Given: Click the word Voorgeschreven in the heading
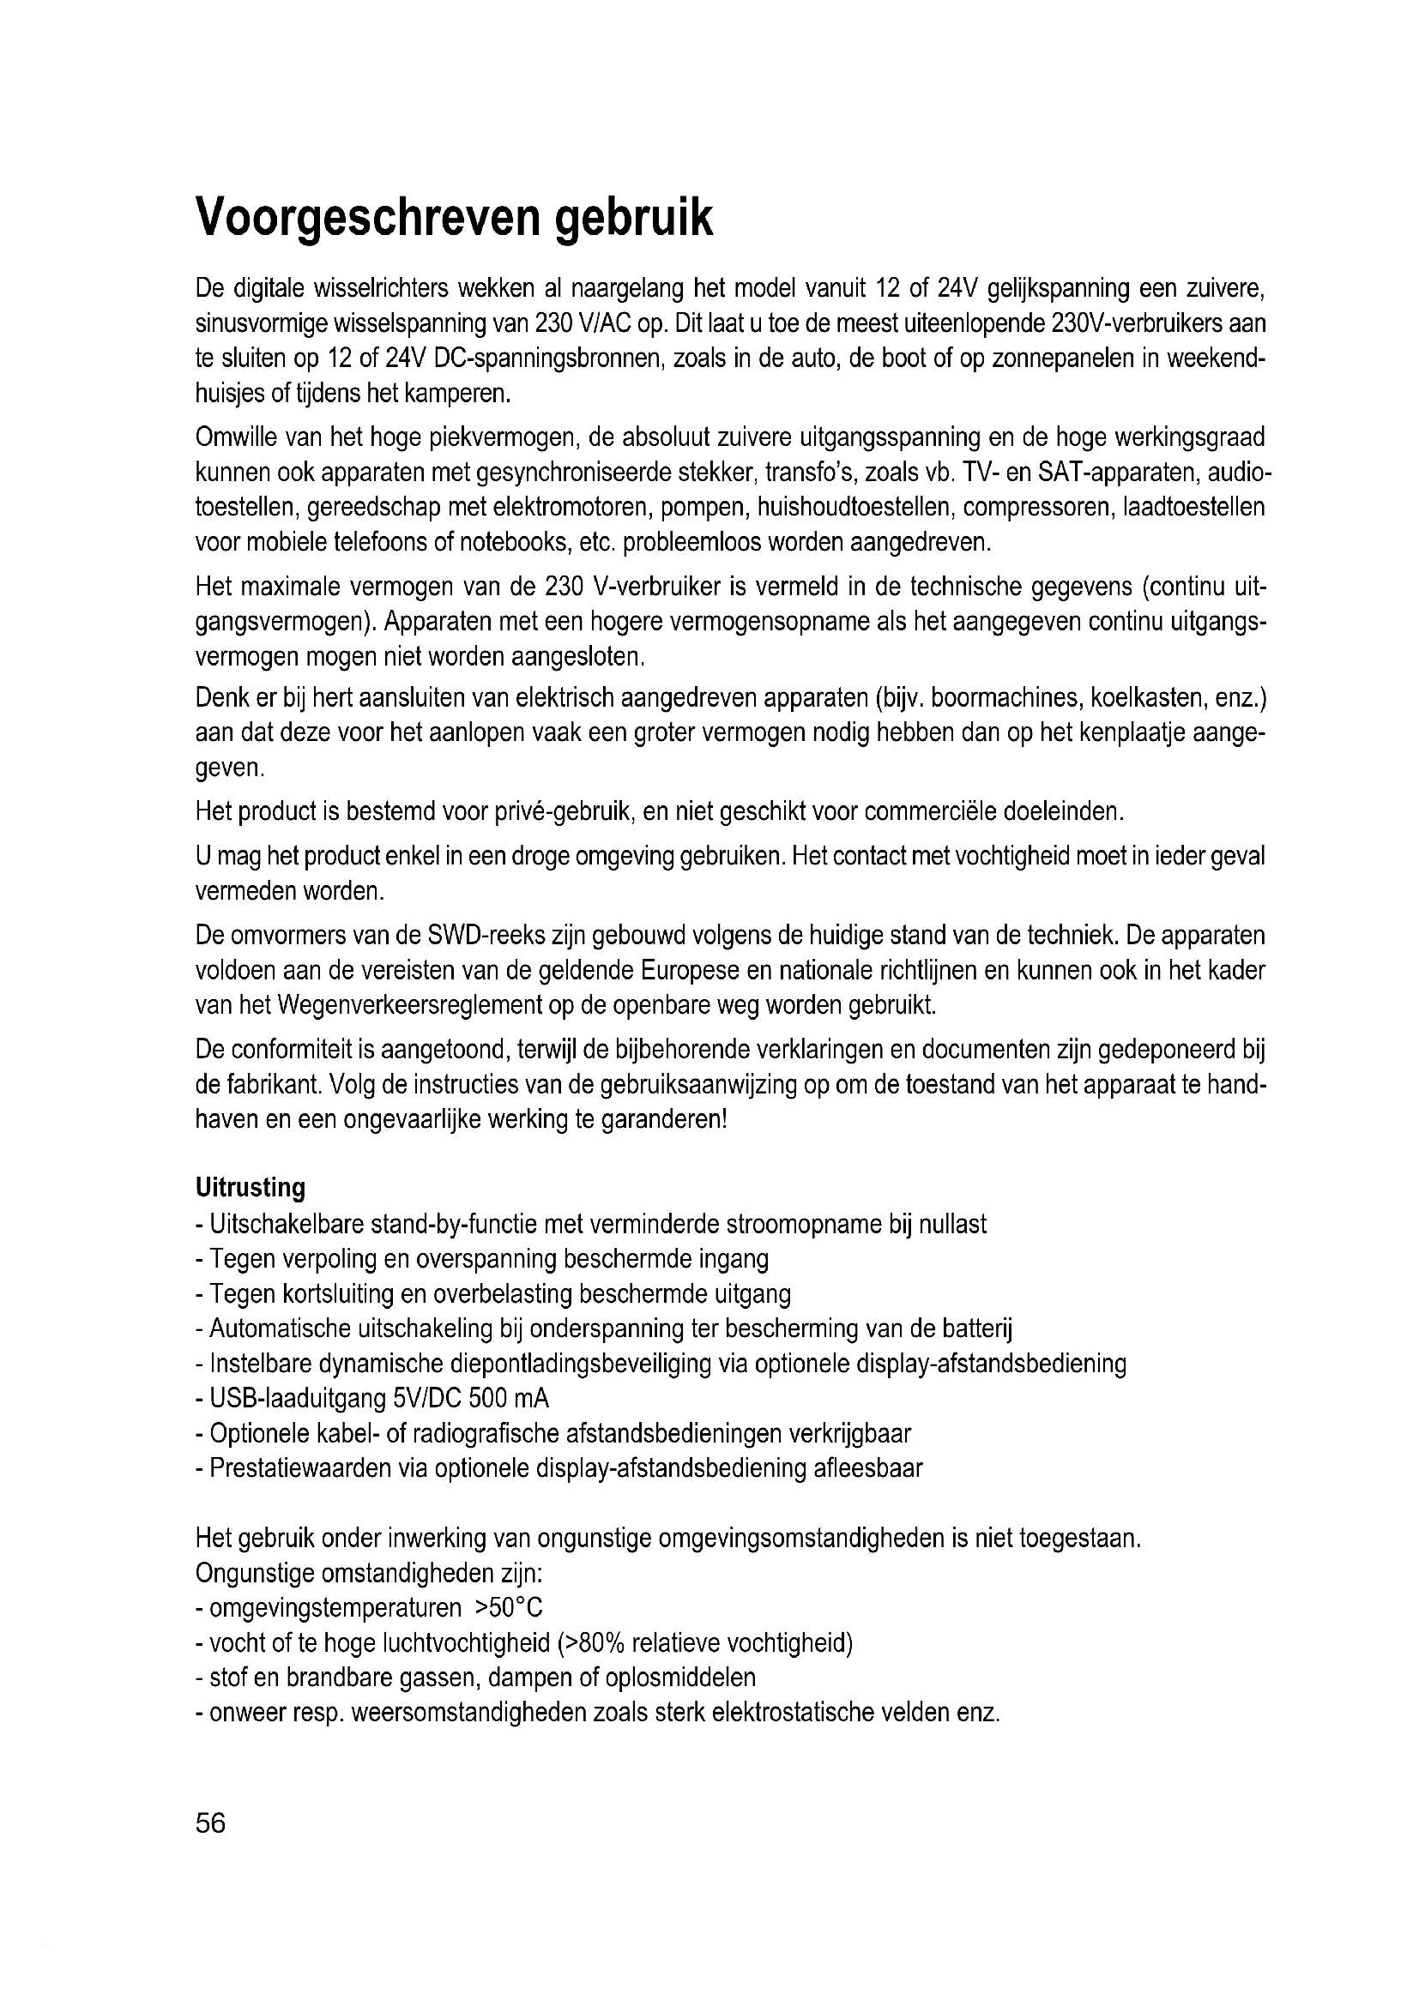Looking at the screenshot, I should pos(368,219).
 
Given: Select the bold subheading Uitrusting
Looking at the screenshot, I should pos(250,1187).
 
